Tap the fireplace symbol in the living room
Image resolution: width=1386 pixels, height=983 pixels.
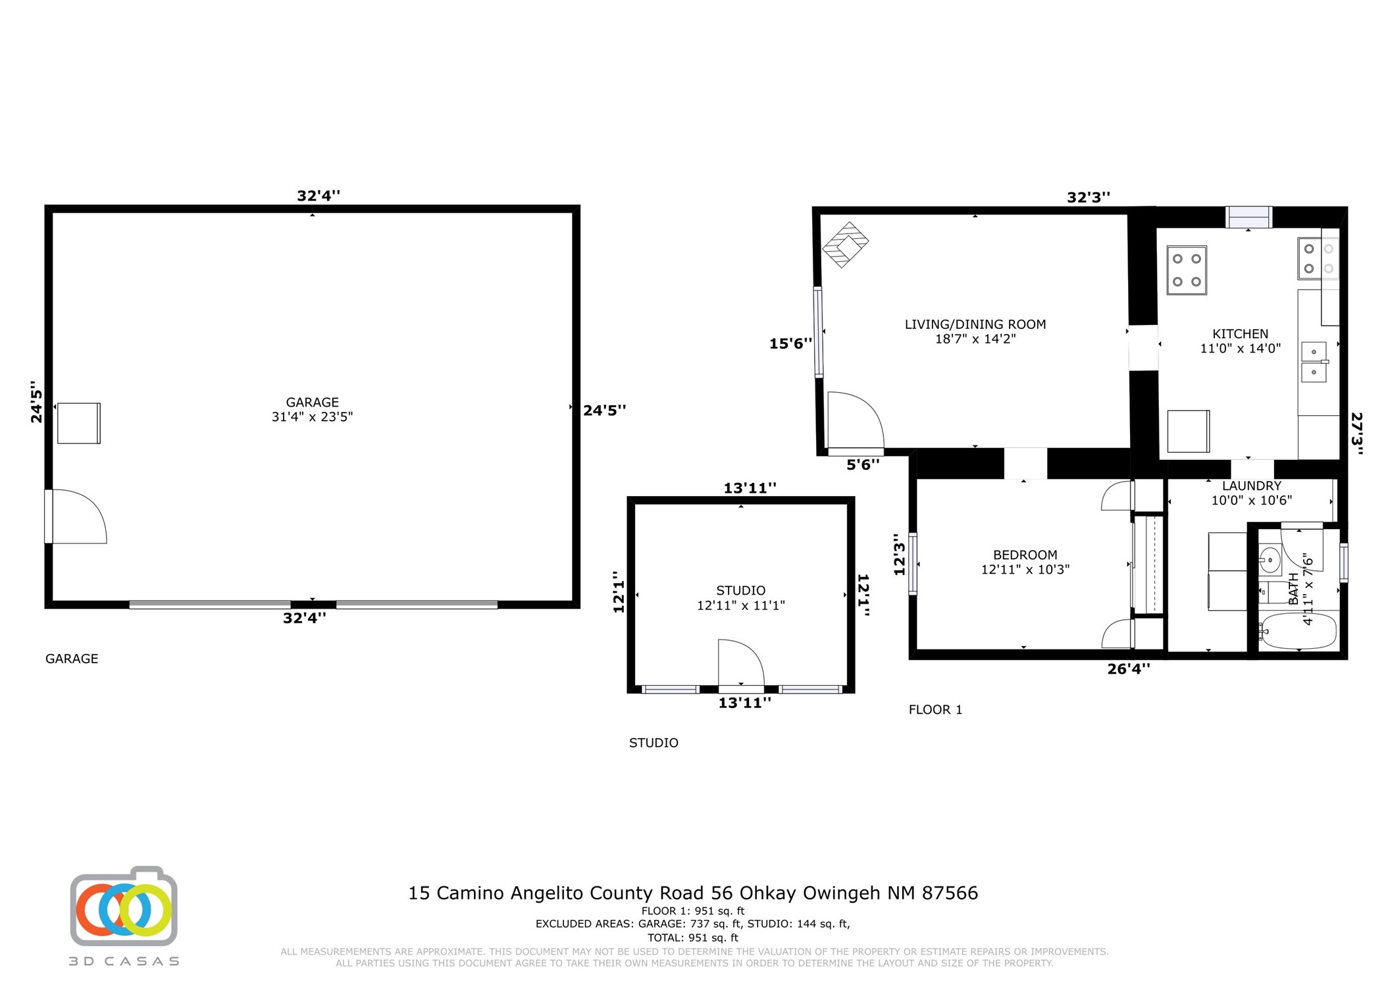845,245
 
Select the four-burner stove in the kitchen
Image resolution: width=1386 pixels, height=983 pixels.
1186,270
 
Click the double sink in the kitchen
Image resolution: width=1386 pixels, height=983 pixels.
1314,362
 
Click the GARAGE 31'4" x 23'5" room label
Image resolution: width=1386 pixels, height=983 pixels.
312,409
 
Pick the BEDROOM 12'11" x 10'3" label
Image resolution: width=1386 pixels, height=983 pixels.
1025,562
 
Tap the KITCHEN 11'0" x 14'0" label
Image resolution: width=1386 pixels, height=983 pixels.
1240,341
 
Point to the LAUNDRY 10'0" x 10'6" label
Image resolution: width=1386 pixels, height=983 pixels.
1251,493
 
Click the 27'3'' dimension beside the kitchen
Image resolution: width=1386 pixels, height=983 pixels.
1356,433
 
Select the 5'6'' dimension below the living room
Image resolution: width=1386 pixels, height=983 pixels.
862,465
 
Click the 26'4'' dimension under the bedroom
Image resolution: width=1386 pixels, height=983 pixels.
1129,669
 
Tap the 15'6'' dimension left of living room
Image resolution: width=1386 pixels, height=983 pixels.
790,343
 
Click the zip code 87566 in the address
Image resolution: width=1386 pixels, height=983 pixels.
950,893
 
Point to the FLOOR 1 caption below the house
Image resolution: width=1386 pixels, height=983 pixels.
935,710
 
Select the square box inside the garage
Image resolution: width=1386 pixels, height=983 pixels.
79,423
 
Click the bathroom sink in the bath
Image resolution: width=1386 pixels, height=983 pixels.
1269,561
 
